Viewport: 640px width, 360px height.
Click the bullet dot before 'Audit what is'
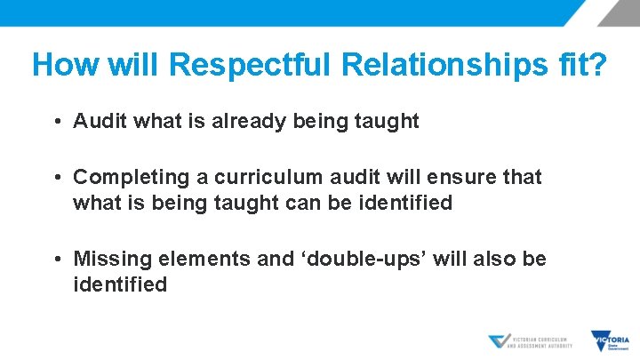(56, 122)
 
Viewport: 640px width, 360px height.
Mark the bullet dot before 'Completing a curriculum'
(56, 179)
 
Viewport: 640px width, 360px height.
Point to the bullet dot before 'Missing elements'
(56, 260)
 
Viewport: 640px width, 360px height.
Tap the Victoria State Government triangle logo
(610, 340)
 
